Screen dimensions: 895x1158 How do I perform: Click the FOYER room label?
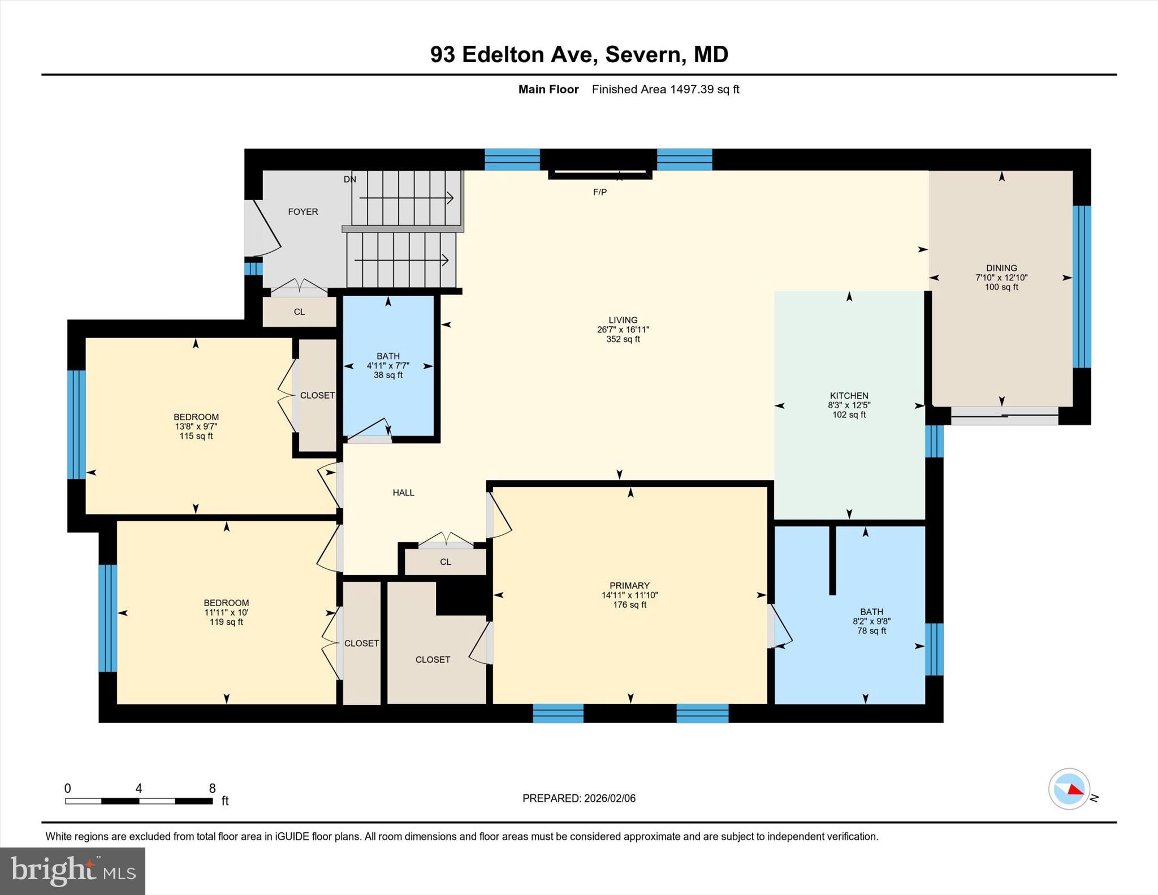(x=303, y=211)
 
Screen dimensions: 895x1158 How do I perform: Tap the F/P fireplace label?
(x=600, y=192)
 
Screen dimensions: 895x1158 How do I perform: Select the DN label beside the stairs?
(x=350, y=179)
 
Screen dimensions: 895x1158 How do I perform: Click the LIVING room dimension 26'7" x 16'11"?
(x=623, y=330)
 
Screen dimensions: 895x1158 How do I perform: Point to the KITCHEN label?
(x=849, y=396)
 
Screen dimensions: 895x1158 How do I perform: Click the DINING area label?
(x=1001, y=268)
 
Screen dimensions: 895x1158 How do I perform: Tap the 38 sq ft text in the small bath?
(x=388, y=375)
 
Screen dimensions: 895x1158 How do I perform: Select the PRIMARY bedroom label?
(x=629, y=586)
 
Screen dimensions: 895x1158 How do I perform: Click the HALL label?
(x=403, y=492)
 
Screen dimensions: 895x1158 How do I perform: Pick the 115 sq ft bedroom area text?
(x=196, y=436)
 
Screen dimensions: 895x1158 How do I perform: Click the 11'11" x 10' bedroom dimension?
(x=226, y=612)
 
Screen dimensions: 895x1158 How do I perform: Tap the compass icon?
(x=1069, y=789)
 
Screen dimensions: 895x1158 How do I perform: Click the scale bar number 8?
(x=212, y=788)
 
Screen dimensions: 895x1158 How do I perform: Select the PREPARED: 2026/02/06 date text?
(x=578, y=798)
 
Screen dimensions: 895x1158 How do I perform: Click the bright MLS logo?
(x=72, y=871)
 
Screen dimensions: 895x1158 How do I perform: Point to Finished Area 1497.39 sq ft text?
(x=665, y=89)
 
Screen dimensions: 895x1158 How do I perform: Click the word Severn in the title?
(x=642, y=54)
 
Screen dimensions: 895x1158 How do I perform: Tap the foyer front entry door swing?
(x=265, y=229)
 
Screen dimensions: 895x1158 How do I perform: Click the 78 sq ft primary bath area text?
(x=871, y=631)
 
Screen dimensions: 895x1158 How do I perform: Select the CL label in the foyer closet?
(x=299, y=312)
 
